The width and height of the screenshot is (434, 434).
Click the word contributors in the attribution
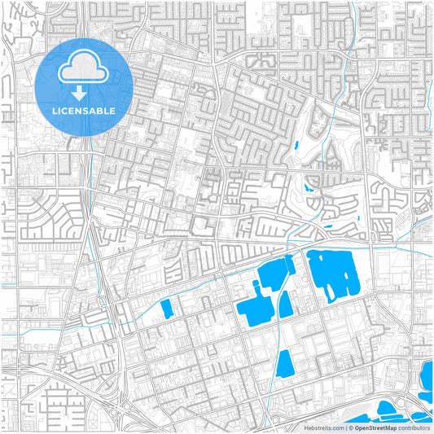coord(414,427)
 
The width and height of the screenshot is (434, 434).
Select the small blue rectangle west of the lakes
coord(167,309)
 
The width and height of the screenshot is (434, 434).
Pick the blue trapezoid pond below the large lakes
coord(285,363)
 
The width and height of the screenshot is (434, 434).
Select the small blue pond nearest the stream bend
coord(309,186)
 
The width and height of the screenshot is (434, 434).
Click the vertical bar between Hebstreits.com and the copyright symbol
coord(345,427)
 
